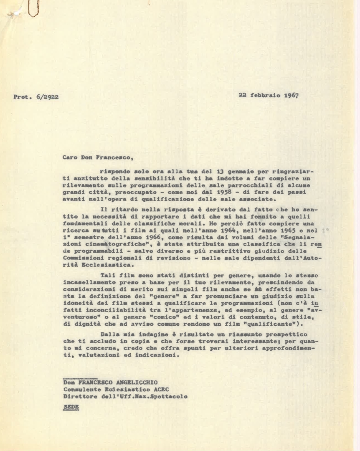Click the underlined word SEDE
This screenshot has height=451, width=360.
coord(71,406)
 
